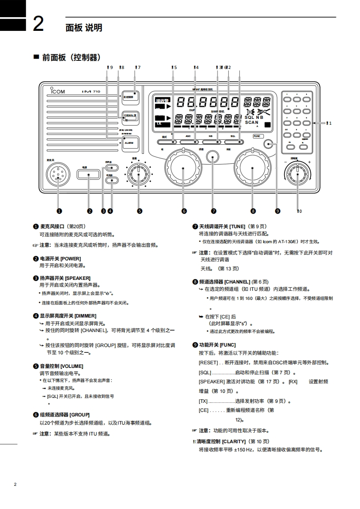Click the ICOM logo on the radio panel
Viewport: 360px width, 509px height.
pos(56,91)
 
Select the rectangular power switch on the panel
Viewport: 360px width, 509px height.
pos(89,174)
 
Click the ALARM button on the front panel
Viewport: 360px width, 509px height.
pos(129,142)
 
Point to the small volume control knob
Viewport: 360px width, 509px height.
pos(138,174)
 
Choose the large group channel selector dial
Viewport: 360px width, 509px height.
pos(183,168)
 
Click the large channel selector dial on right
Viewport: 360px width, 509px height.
pos(253,168)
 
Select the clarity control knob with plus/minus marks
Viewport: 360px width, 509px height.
pos(297,173)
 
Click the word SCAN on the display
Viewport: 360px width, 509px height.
pos(252,122)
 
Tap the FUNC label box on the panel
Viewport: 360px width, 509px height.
pos(257,136)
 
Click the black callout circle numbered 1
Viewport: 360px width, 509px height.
pos(59,210)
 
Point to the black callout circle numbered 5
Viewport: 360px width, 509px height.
pos(139,210)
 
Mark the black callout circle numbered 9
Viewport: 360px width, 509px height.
pos(278,210)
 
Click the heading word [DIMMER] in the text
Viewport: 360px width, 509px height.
pos(85,316)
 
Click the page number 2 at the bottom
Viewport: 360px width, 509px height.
pos(15,485)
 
